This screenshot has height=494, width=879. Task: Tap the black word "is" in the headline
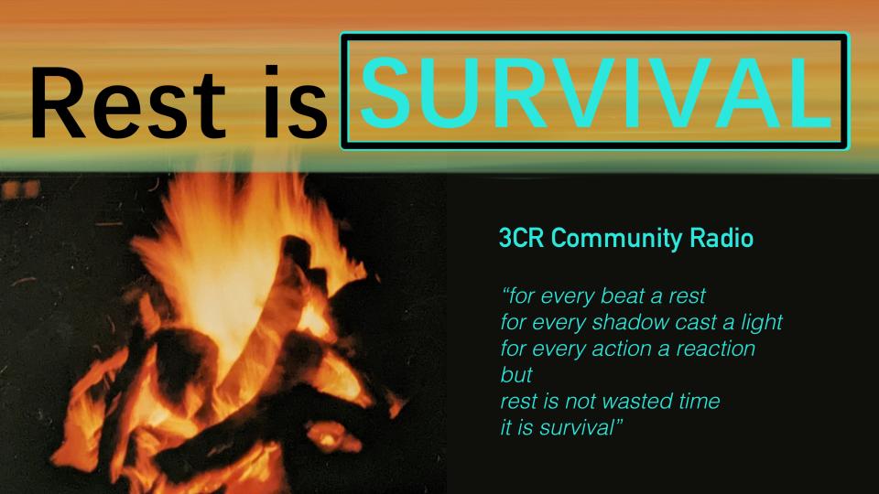[297, 102]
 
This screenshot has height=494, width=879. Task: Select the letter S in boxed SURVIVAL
[385, 92]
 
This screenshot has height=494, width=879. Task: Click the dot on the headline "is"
[272, 71]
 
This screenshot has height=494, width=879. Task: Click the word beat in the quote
[623, 295]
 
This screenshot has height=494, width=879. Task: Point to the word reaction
[715, 349]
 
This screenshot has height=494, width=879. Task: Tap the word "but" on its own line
[516, 375]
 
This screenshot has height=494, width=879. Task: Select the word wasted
[638, 401]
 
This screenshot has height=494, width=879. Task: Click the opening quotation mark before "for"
[506, 291]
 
